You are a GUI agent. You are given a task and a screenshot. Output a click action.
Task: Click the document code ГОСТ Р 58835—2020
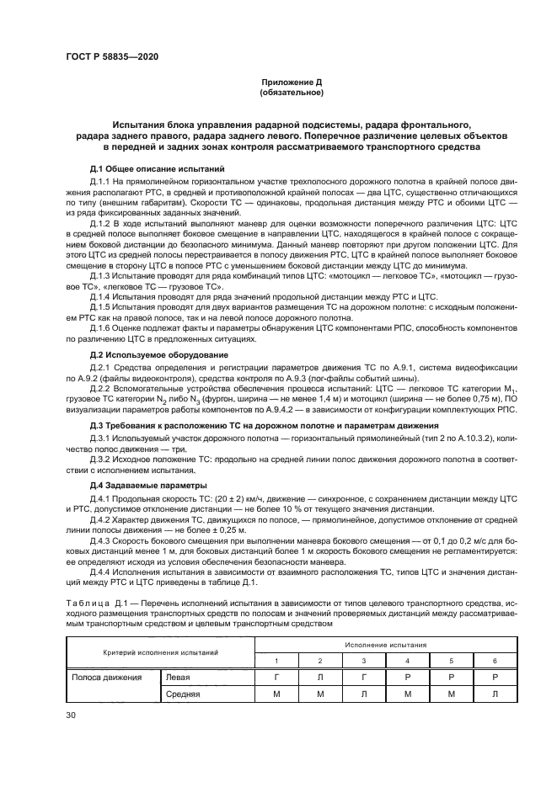111,56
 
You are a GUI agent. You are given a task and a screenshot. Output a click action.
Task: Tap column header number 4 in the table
407,661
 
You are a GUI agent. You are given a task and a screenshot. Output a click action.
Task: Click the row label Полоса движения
106,677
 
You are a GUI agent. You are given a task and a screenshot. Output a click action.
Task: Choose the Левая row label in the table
178,677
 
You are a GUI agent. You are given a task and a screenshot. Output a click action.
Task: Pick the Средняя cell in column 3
362,694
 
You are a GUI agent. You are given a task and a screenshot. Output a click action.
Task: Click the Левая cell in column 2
319,677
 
